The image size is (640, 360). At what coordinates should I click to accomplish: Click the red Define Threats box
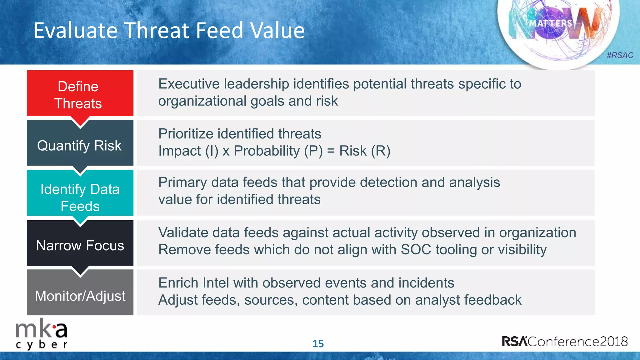[80, 94]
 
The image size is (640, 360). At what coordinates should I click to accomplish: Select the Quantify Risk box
[80, 144]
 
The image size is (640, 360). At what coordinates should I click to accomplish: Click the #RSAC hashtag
[620, 55]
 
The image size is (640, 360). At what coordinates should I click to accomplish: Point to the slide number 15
[318, 344]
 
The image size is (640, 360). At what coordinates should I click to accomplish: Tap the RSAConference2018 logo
[565, 341]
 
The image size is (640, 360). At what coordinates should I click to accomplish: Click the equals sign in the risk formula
[331, 151]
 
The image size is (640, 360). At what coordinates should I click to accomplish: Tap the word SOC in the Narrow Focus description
[416, 250]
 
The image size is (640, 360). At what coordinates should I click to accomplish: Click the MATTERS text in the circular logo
[551, 23]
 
